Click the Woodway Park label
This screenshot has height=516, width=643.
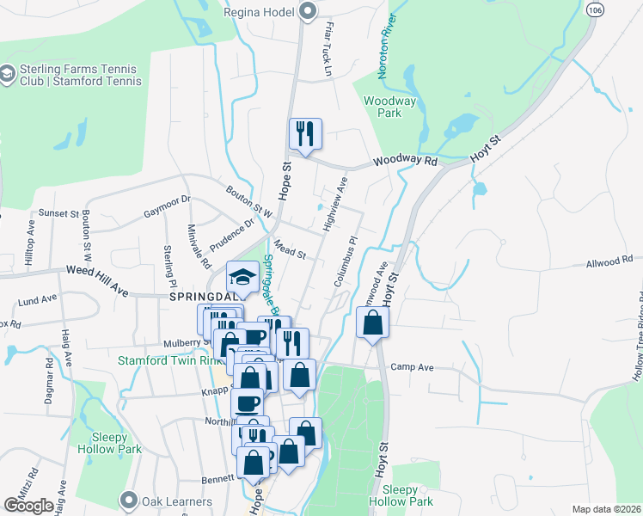390,107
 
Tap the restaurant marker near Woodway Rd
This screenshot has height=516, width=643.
305,133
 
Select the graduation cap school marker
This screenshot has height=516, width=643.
242,277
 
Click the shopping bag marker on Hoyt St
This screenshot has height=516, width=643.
373,323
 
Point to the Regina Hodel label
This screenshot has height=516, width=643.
259,12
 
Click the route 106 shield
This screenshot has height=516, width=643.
595,9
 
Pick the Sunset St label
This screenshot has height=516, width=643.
57,212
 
